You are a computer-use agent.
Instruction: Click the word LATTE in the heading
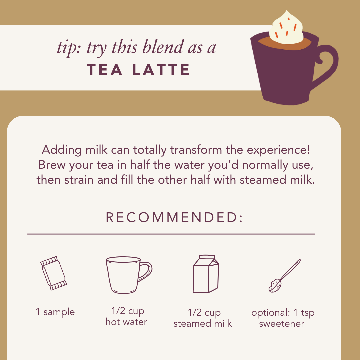[161, 70]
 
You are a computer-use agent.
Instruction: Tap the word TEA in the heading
[104, 70]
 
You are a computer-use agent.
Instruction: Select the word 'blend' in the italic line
[163, 47]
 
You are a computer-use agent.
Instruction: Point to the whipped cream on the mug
[286, 29]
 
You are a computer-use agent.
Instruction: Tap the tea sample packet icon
[53, 273]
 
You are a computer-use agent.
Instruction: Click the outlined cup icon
[129, 275]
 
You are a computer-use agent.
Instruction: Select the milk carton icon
[206, 274]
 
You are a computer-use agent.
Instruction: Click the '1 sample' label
[55, 312]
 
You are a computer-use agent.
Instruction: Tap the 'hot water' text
[126, 322]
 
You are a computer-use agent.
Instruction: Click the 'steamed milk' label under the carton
[203, 324]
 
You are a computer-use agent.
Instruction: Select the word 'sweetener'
[281, 324]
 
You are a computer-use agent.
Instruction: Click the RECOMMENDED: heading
[174, 217]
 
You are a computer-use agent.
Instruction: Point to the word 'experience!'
[278, 150]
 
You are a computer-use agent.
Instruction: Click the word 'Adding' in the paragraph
[62, 150]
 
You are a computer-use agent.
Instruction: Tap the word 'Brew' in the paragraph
[52, 165]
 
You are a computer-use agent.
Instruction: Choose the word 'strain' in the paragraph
[79, 180]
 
